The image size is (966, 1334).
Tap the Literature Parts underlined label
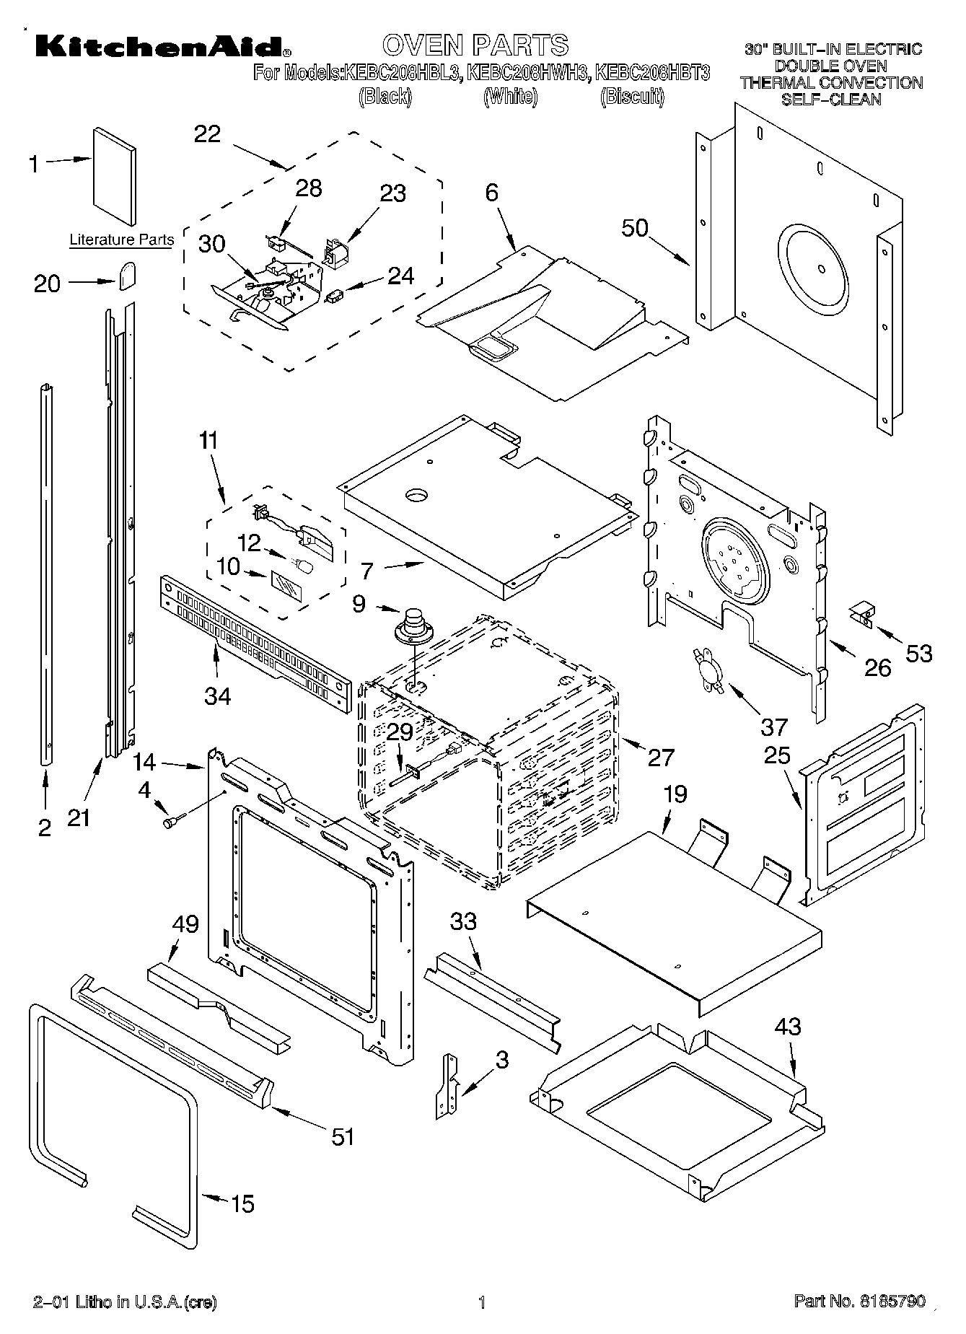click(121, 240)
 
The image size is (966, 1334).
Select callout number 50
click(635, 228)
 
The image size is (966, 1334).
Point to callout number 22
click(207, 134)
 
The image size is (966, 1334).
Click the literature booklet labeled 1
click(114, 177)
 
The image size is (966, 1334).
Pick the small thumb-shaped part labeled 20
click(128, 276)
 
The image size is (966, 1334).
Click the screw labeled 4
click(173, 820)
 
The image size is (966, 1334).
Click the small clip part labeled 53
click(861, 615)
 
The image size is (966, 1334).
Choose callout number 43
click(787, 1026)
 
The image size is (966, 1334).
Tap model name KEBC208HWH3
click(526, 72)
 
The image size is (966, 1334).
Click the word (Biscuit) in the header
click(631, 97)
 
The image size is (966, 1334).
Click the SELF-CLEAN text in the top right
click(831, 100)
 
